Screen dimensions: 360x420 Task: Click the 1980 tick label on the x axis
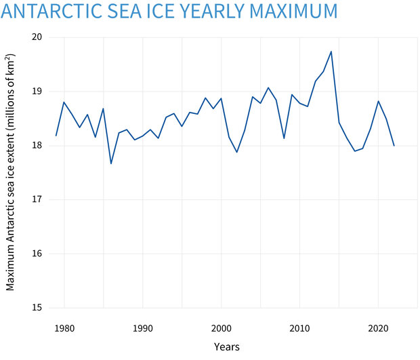64,327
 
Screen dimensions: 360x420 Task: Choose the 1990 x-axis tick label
142,327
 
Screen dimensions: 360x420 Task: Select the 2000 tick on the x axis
221,327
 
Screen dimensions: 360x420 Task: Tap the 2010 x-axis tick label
299,327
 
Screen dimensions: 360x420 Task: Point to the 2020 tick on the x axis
378,327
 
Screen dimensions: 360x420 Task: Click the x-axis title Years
226,347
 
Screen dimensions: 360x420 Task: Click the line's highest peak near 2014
331,52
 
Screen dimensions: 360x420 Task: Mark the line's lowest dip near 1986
111,163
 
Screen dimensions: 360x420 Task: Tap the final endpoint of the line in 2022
394,146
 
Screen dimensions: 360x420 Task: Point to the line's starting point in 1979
56,136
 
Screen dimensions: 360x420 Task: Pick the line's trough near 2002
236,152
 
